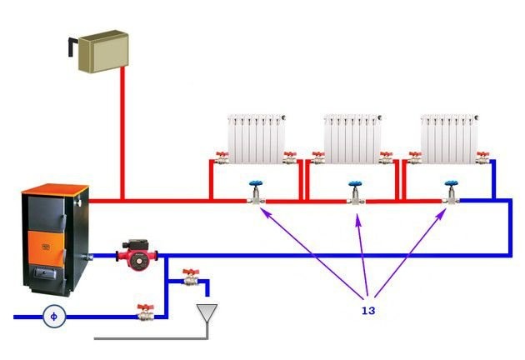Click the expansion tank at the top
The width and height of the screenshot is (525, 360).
coord(99,49)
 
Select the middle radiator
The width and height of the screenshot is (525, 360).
coord(351,137)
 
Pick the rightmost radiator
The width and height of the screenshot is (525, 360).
coord(448,137)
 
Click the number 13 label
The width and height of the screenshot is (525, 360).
coord(367,310)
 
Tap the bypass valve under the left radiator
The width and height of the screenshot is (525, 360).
coord(256,195)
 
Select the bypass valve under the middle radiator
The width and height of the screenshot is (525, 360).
coord(355,195)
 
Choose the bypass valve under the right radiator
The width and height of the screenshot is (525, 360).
coord(451,195)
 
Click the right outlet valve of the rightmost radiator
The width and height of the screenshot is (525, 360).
coord(482,156)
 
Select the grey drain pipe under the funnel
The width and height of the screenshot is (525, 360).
coord(150,337)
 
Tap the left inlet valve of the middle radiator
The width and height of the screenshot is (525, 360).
coord(317,157)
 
